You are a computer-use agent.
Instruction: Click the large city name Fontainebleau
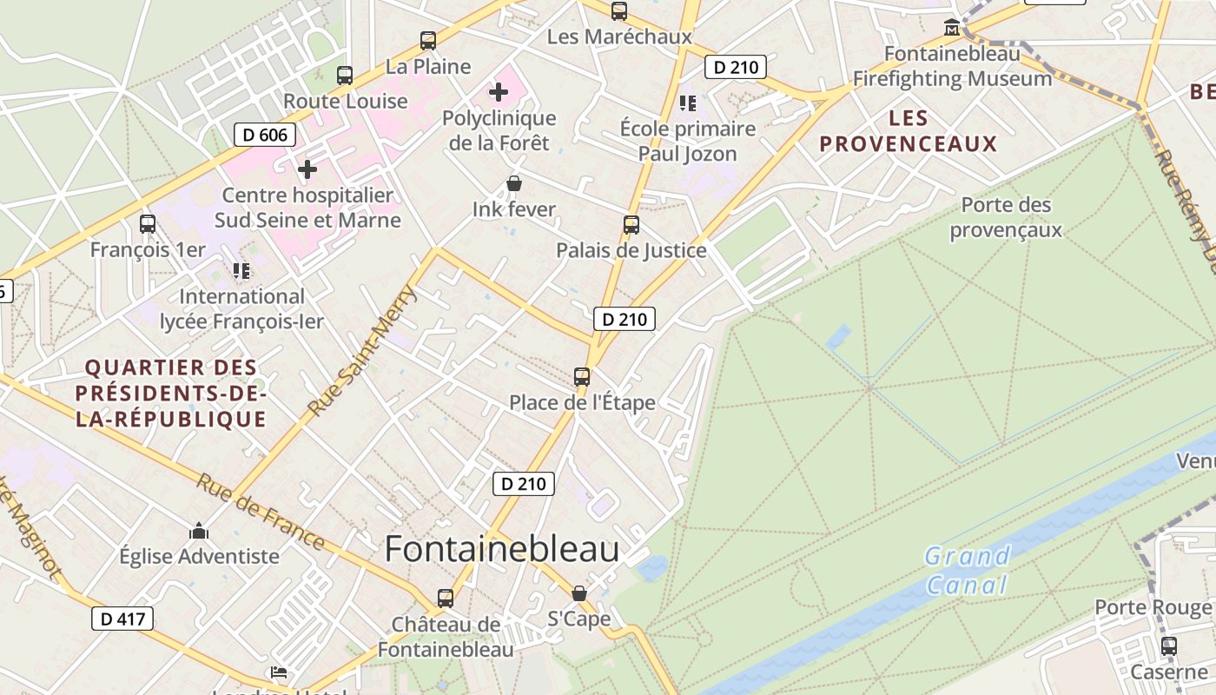(502, 549)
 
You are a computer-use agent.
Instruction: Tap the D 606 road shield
(265, 135)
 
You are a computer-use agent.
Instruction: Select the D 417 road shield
(122, 619)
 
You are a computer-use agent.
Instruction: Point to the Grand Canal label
(967, 570)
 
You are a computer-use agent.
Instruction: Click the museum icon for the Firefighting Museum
(951, 28)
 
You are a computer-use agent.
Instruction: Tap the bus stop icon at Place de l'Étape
(582, 377)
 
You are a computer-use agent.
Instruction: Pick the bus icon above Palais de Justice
(631, 225)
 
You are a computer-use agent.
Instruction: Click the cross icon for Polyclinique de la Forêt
(499, 91)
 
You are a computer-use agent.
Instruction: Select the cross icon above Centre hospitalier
(307, 169)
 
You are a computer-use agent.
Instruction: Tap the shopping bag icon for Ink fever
(514, 183)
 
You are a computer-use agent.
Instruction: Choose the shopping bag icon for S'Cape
(579, 593)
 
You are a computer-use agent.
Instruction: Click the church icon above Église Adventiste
(199, 531)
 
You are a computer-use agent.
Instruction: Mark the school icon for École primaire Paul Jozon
(688, 103)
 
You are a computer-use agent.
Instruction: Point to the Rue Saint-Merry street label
(363, 349)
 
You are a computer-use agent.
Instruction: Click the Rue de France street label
(261, 513)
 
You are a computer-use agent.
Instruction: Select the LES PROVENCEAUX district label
(909, 131)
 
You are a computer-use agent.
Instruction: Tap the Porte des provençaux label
(1006, 217)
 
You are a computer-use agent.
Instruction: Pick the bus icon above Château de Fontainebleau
(446, 598)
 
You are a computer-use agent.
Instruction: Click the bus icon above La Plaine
(428, 41)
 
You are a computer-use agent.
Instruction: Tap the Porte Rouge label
(1152, 607)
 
